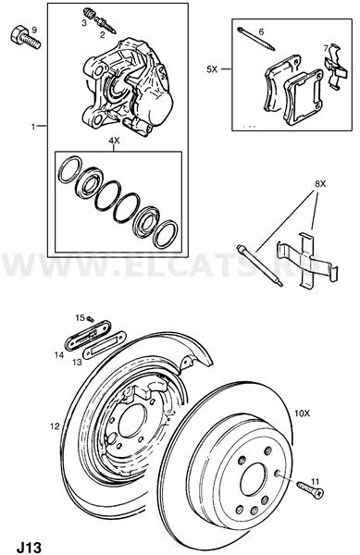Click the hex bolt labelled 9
coord(24,38)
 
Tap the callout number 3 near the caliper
coord(84,24)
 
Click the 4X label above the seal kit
coord(114,141)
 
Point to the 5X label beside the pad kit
coord(212,69)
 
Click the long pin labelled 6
coord(256,39)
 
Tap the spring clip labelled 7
coord(335,67)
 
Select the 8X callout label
coord(320,184)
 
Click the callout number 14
coord(59,354)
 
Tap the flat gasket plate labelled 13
coord(105,344)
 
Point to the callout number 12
coord(55,426)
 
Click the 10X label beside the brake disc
coord(303,413)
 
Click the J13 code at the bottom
coord(29,547)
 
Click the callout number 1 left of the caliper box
coord(33,127)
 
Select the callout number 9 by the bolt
coord(34,31)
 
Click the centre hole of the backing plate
coord(132,420)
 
